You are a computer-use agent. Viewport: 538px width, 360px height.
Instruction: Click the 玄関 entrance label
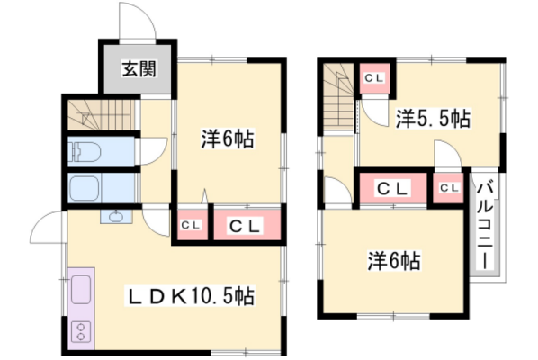click(x=138, y=67)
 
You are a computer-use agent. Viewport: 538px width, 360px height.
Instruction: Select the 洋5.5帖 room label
click(x=432, y=117)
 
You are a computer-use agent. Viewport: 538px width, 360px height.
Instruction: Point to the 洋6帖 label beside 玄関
click(x=226, y=139)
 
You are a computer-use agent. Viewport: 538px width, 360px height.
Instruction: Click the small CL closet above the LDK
click(x=191, y=225)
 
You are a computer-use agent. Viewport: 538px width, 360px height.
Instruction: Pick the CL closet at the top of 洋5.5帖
click(x=373, y=78)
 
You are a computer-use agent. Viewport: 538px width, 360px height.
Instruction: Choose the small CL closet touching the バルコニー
click(x=449, y=188)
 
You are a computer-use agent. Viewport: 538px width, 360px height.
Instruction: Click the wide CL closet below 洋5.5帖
click(x=392, y=188)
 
